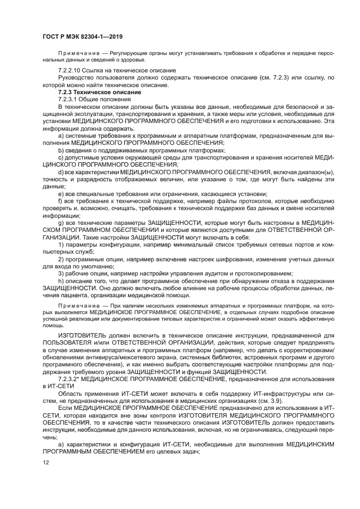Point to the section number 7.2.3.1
pyautogui.click(x=68, y=100)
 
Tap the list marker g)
pyautogui.click(x=60, y=224)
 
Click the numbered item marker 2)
pyautogui.click(x=60, y=259)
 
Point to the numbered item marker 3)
pyautogui.click(x=60, y=273)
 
